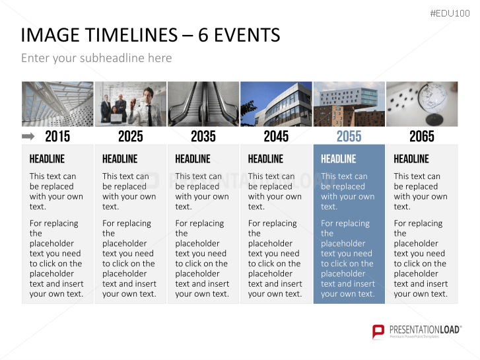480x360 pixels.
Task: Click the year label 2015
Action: [x=57, y=136]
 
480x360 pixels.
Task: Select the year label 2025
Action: [x=131, y=136]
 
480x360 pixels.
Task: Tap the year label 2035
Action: [x=203, y=136]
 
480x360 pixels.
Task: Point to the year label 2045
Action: [x=276, y=136]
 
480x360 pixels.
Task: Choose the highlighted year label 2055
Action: [x=349, y=136]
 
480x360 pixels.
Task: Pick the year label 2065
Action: [x=422, y=136]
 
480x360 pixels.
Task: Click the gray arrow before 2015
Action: [x=28, y=136]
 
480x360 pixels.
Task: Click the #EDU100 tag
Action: [x=450, y=13]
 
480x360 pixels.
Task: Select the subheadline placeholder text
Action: [x=96, y=58]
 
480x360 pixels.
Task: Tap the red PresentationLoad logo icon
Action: [x=378, y=332]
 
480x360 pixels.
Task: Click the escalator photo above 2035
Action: [x=203, y=104]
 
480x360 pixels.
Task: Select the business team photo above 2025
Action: [x=131, y=104]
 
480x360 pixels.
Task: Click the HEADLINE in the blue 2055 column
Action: [x=338, y=159]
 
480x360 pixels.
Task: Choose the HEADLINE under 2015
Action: [x=47, y=159]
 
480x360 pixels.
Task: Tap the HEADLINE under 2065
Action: [x=411, y=159]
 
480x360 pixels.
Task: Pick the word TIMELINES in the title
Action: [x=129, y=35]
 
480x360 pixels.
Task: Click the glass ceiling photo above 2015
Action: [x=57, y=104]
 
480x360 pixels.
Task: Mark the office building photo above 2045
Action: [x=276, y=104]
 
